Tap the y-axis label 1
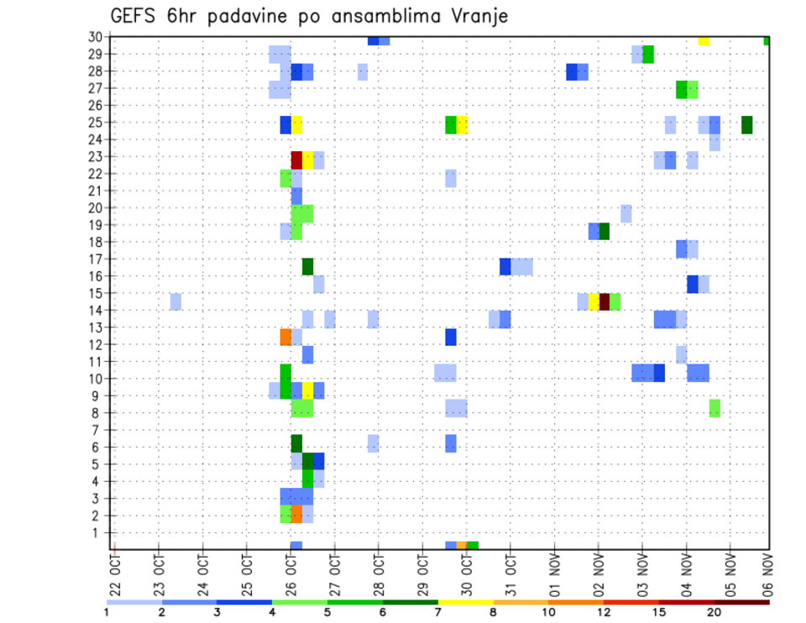pos(98,532)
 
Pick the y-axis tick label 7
pos(98,430)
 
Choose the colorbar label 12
pos(604,611)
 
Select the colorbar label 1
pos(107,611)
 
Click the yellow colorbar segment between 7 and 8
pos(465,602)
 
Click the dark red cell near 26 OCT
pos(296,160)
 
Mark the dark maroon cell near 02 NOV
pos(604,301)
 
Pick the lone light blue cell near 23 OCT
pos(175,301)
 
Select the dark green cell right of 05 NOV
pos(747,125)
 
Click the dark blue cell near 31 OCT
pos(505,266)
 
